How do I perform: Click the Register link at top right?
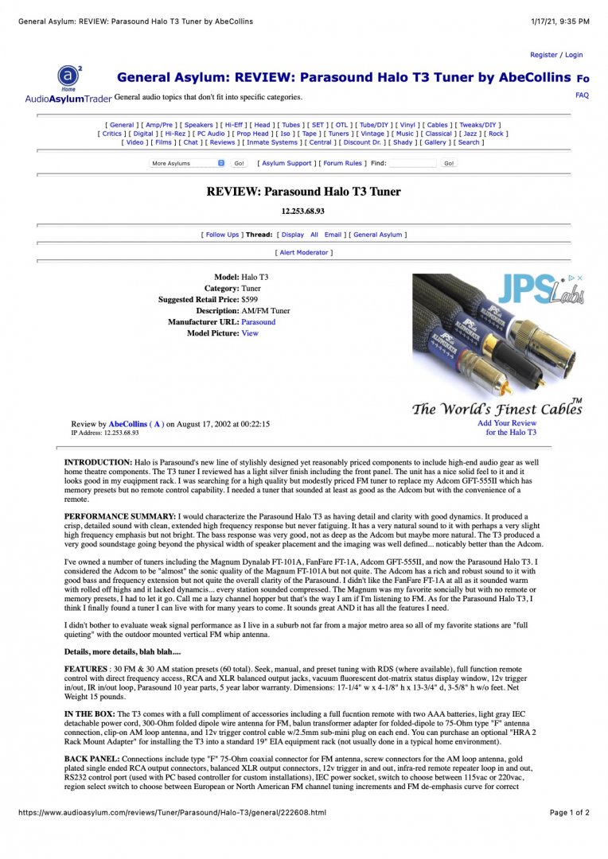point(544,55)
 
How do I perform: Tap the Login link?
point(574,55)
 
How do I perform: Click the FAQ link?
point(582,95)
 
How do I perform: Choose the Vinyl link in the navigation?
point(407,125)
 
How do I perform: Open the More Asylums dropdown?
point(188,163)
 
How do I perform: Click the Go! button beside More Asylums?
point(239,163)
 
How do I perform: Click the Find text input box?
point(412,163)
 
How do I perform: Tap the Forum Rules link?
point(342,163)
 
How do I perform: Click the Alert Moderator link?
point(304,252)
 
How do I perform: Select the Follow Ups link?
point(222,235)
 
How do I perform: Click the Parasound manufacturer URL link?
point(259,322)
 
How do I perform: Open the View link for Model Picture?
point(250,333)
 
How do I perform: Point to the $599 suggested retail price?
point(249,299)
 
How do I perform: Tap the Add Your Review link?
point(507,423)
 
